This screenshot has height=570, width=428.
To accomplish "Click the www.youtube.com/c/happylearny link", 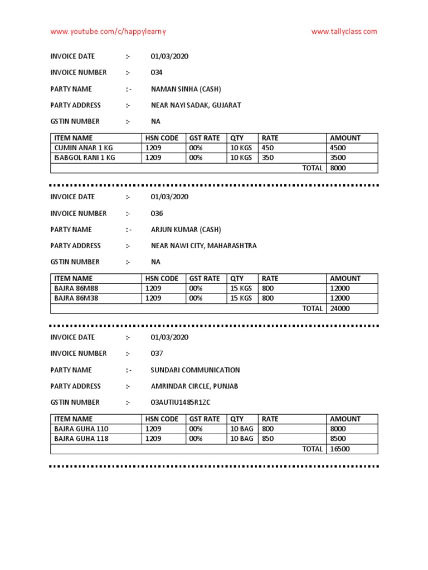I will pyautogui.click(x=108, y=32).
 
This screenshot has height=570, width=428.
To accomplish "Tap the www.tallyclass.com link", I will pyautogui.click(x=344, y=32).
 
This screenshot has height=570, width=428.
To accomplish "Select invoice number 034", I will pyautogui.click(x=157, y=72).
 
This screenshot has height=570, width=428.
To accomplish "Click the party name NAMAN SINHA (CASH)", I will pyautogui.click(x=186, y=89).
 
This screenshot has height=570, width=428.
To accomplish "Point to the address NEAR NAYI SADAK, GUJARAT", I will pyautogui.click(x=196, y=105).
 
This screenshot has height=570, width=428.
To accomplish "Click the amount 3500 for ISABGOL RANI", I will pyautogui.click(x=338, y=158).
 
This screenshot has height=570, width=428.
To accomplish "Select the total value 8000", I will pyautogui.click(x=338, y=168).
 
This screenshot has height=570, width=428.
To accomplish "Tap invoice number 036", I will pyautogui.click(x=157, y=213).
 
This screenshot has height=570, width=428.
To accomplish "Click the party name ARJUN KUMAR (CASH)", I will pyautogui.click(x=186, y=229).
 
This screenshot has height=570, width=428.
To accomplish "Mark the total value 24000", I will pyautogui.click(x=339, y=308).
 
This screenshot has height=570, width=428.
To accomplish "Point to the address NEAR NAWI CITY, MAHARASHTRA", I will pyautogui.click(x=203, y=245).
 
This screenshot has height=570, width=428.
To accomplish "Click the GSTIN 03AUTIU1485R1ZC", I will pyautogui.click(x=180, y=402).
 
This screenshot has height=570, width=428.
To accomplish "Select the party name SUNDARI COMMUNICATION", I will pyautogui.click(x=195, y=370).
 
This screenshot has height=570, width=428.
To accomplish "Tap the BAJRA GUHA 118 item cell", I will pyautogui.click(x=81, y=439).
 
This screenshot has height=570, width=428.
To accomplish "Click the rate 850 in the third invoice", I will pyautogui.click(x=267, y=439).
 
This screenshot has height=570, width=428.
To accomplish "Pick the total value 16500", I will pyautogui.click(x=339, y=449).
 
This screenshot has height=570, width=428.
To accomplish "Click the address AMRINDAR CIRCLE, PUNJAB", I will pyautogui.click(x=194, y=386).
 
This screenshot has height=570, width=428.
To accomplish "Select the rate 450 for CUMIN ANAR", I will pyautogui.click(x=267, y=148).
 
